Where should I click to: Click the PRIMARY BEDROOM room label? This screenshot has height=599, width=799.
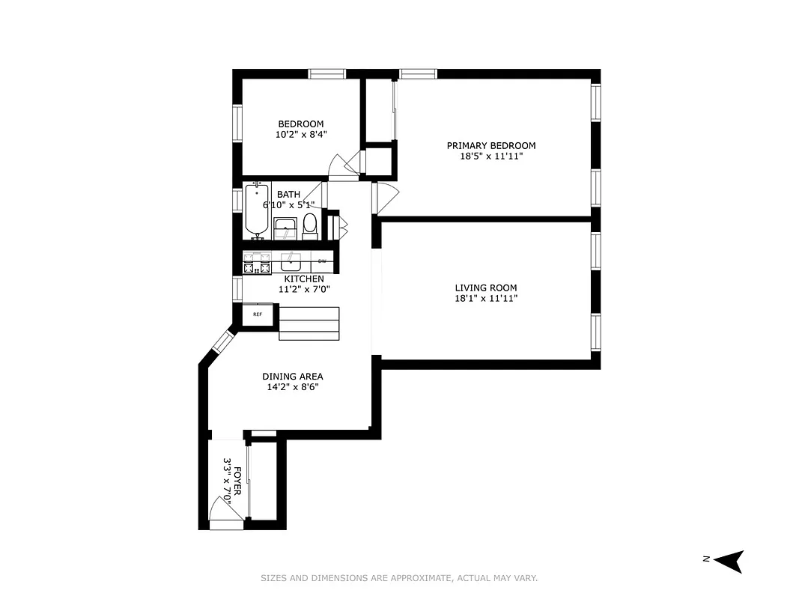(x=491, y=146)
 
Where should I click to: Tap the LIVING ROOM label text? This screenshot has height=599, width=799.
(x=486, y=288)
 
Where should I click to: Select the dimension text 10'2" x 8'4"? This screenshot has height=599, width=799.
(x=301, y=135)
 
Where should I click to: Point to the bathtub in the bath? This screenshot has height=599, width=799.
(x=256, y=210)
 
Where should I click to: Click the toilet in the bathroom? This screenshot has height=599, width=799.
(x=310, y=225)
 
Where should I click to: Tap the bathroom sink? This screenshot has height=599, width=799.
(x=285, y=227)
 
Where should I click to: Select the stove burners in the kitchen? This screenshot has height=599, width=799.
(x=256, y=264)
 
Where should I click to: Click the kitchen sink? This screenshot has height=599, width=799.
(x=291, y=262)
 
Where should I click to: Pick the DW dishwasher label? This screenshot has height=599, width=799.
(x=322, y=261)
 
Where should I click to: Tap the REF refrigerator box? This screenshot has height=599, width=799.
(x=257, y=314)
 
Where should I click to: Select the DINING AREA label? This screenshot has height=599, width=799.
(x=293, y=377)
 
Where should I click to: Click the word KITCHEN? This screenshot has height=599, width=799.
(x=304, y=279)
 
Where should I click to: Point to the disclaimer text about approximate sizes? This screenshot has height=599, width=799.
(x=399, y=578)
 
